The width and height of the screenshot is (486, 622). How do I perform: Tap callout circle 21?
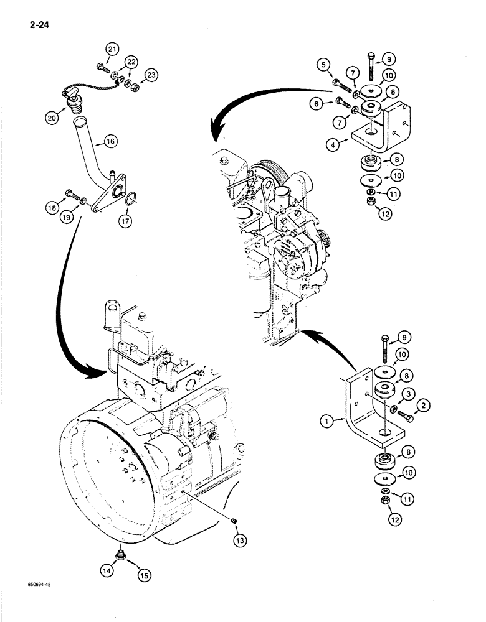112,50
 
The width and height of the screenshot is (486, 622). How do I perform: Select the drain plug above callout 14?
120,552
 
